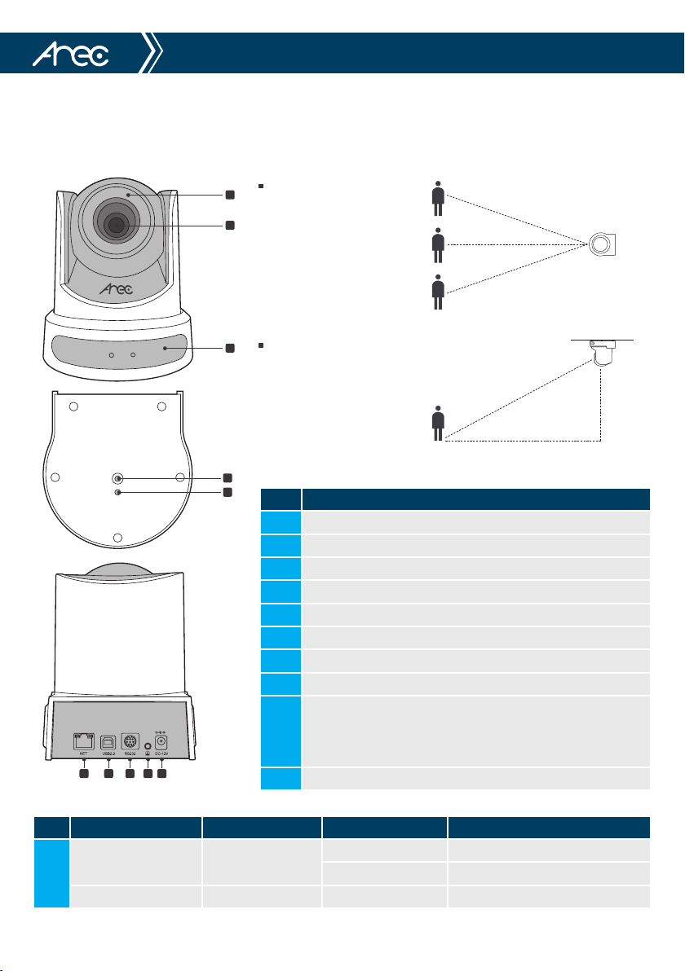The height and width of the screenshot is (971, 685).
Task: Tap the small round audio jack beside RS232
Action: (x=148, y=745)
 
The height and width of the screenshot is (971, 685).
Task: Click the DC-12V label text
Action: (x=161, y=754)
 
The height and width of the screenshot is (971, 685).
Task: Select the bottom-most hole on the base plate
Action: (x=118, y=537)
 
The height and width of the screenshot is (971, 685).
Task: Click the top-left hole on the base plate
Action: (x=73, y=406)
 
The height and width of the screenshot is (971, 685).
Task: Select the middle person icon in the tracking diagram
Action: (x=439, y=245)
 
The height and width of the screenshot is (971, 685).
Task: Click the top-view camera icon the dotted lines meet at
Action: (x=602, y=244)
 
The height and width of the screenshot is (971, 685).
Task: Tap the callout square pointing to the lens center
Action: (x=230, y=224)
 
